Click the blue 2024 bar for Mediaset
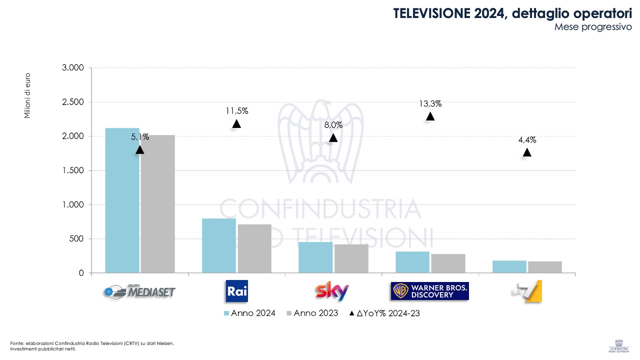coord(122,200)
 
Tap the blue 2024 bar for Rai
coord(218,245)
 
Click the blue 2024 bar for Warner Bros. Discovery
coord(412,262)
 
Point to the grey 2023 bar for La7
coord(544,267)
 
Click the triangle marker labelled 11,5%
coord(236,123)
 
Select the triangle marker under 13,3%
coord(430,116)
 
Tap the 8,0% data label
coord(333,125)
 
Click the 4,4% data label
coord(527,140)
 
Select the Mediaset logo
coord(139,291)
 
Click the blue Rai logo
coord(236,291)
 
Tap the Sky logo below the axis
coord(332,291)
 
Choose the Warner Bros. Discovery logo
coord(430,291)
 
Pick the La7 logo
coord(526,291)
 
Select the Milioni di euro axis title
coord(28,95)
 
